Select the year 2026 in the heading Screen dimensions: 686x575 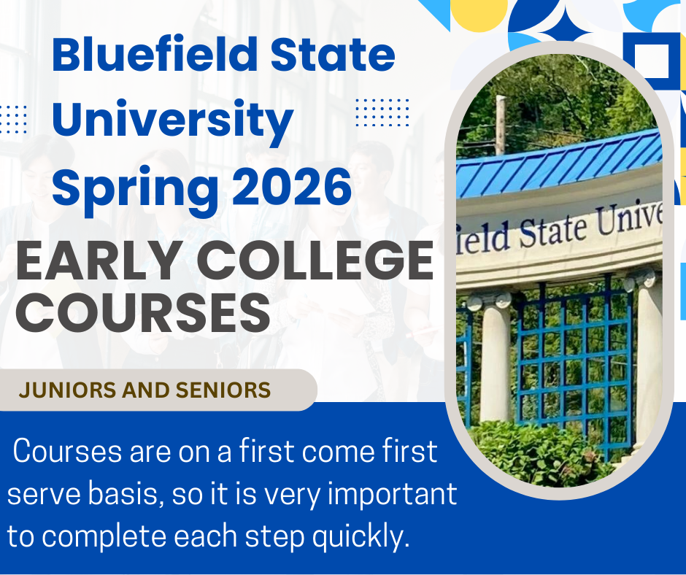click(x=292, y=188)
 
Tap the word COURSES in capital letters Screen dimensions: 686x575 click(x=143, y=312)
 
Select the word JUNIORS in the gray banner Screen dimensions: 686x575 click(x=68, y=390)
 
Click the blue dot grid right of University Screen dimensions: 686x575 click(x=382, y=113)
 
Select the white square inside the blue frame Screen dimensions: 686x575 click(x=652, y=61)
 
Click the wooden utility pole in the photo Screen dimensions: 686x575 click(x=501, y=126)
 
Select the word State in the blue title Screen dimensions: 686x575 click(x=333, y=55)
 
